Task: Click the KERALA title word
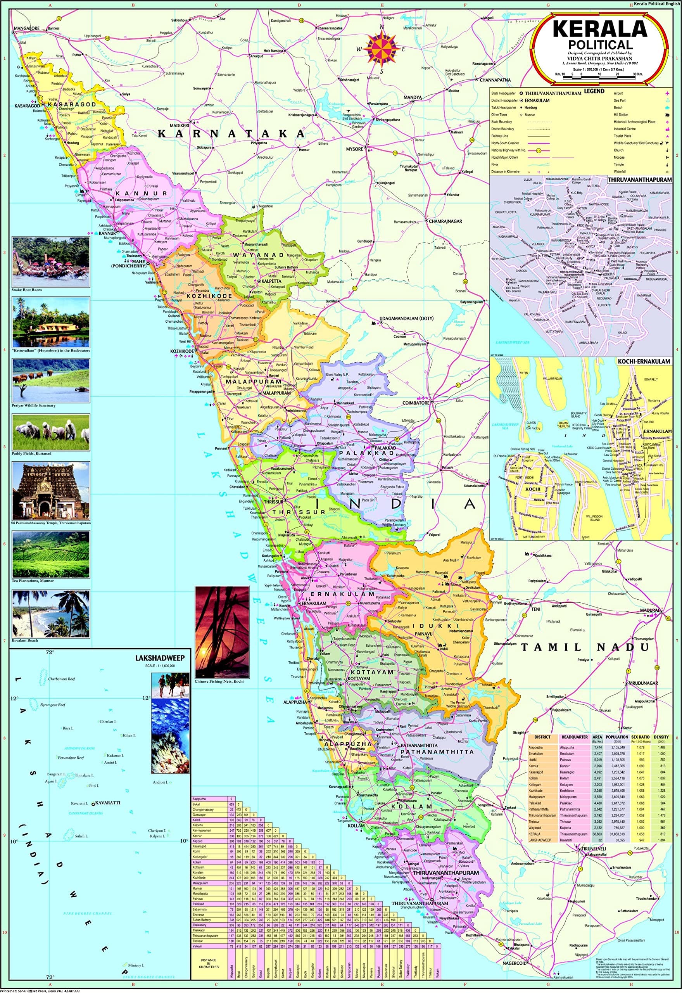tap(600, 29)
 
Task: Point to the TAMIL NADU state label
tap(585, 647)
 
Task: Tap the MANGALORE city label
tap(26, 29)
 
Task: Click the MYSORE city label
tap(354, 149)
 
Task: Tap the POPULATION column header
tap(616, 737)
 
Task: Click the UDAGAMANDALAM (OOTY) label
tap(404, 319)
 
